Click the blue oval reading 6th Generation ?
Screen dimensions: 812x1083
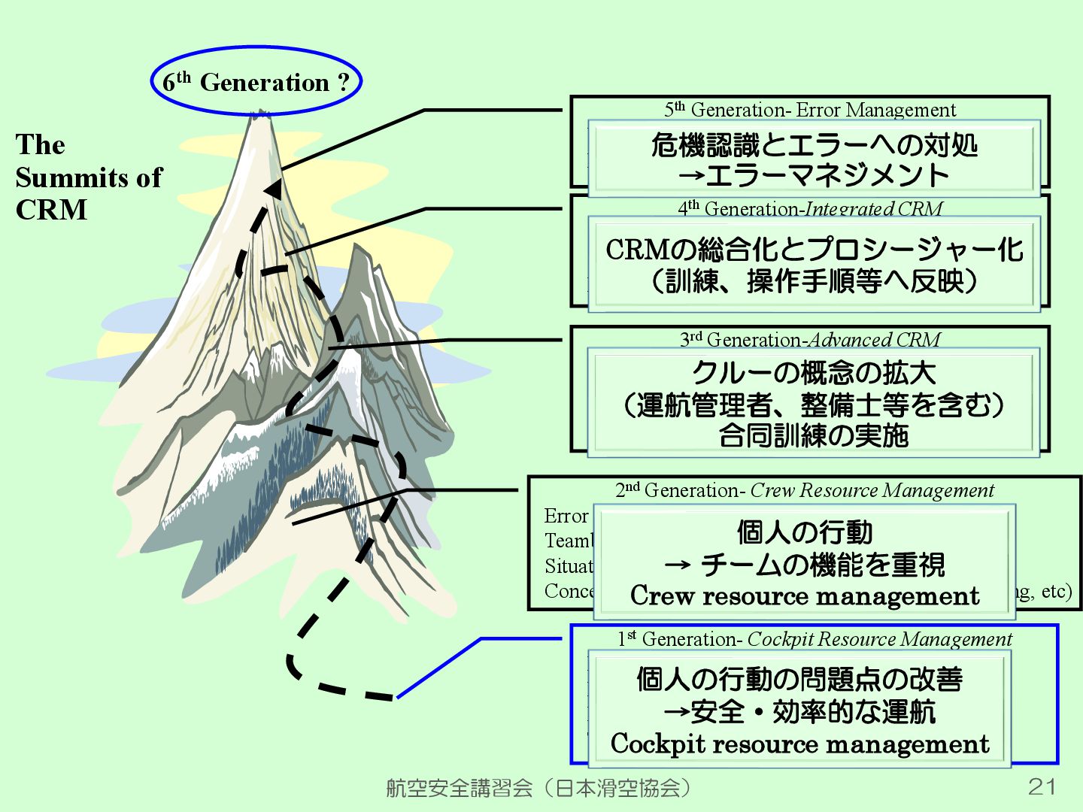coord(256,81)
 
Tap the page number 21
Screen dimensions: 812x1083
coord(1042,786)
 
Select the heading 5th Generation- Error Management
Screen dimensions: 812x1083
coord(809,110)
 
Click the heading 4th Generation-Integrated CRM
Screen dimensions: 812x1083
coord(809,208)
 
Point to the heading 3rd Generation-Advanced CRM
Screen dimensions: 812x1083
coord(809,340)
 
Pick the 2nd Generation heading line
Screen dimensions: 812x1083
coord(804,490)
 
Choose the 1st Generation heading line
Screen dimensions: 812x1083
coord(814,639)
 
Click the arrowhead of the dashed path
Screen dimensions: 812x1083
coord(274,187)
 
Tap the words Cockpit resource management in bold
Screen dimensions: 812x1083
coord(799,744)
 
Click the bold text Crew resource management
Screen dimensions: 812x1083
coord(804,595)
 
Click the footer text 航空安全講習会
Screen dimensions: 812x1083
coord(459,787)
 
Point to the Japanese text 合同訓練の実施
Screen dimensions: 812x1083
coord(813,435)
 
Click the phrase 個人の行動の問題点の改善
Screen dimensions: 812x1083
coord(799,679)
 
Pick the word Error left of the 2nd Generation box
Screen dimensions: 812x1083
coord(566,516)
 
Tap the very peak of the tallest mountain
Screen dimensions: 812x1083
coord(260,115)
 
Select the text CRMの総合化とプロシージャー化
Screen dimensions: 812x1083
coord(814,249)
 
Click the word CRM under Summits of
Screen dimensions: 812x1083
coord(51,210)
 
